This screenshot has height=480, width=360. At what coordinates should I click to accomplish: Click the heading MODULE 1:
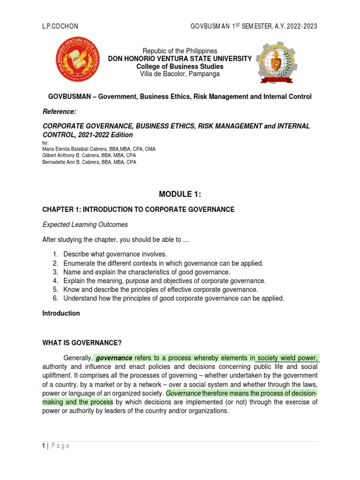point(180,195)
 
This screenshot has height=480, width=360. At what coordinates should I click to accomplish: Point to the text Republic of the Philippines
point(180,51)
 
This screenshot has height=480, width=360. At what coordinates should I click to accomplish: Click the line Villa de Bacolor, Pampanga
point(180,74)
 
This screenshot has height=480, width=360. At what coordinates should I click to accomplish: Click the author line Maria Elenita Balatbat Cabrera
point(99,149)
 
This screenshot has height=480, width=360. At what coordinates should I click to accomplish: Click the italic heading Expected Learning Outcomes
point(85,225)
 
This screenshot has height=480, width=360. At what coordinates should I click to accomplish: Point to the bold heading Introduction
point(61,313)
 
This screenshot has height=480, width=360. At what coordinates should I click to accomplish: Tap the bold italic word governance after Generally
point(114,359)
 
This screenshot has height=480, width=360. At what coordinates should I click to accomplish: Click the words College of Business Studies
point(180,66)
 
